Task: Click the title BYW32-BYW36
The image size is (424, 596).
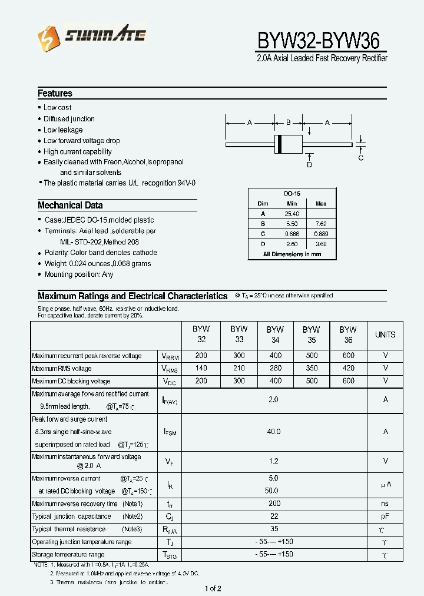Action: click(322, 41)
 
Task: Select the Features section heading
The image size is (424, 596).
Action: click(55, 93)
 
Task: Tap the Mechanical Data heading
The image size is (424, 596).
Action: click(70, 206)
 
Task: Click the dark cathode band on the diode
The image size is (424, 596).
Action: click(280, 144)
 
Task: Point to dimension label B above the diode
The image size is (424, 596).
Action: click(289, 122)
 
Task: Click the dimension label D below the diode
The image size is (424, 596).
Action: click(309, 165)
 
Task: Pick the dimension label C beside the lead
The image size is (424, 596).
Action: click(361, 158)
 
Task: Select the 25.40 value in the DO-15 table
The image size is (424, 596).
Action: click(291, 214)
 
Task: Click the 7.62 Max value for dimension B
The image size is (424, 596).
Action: click(321, 224)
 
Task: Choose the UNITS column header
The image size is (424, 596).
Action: click(385, 335)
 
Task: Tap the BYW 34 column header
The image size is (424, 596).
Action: click(275, 335)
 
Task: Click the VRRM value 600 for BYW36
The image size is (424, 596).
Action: click(348, 356)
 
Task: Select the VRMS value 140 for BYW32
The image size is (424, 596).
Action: click(201, 368)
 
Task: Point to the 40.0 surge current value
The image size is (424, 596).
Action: click(274, 432)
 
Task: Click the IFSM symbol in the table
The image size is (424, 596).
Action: click(170, 432)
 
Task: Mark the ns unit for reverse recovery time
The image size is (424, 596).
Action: click(385, 504)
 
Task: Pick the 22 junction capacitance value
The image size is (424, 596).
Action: click(274, 516)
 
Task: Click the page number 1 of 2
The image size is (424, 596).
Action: click(213, 588)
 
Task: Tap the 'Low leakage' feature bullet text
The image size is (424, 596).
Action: click(63, 130)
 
